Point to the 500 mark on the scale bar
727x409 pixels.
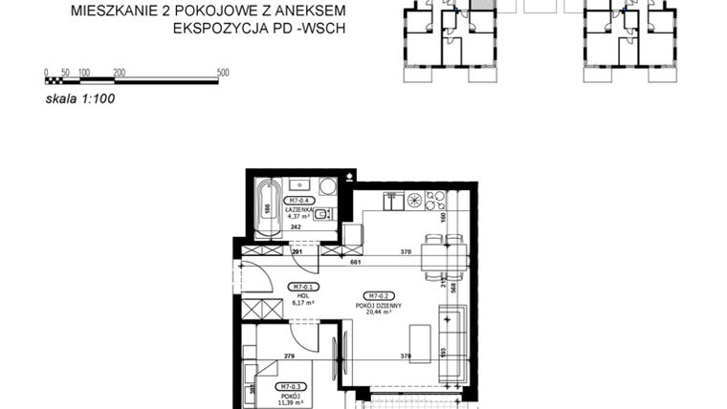[223, 73]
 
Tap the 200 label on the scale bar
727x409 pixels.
[120, 73]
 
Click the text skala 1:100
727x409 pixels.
[80, 97]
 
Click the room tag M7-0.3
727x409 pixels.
[290, 386]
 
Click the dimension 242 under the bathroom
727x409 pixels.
[297, 227]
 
